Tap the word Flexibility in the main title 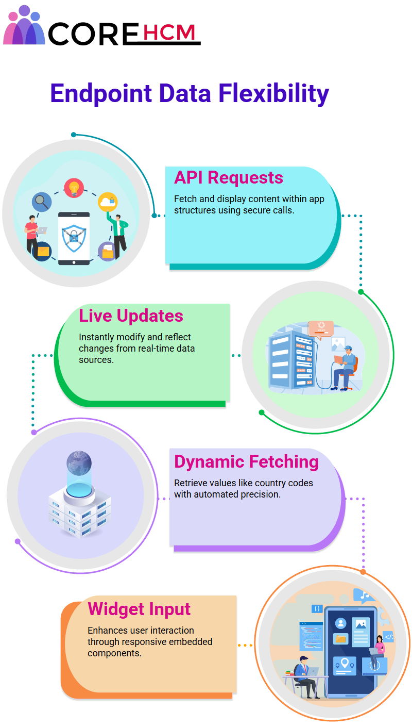point(273,94)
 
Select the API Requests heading point(229,178)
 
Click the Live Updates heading point(131,316)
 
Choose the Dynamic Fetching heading point(246,462)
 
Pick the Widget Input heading point(139,609)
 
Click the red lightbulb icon point(74,188)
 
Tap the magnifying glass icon point(42,202)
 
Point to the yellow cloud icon point(108,202)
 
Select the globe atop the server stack point(79,463)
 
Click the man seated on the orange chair point(345,368)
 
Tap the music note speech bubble point(364,595)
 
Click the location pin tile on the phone point(345,666)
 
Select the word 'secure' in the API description point(256,210)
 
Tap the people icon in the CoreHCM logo point(24,25)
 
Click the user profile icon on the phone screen point(340,623)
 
